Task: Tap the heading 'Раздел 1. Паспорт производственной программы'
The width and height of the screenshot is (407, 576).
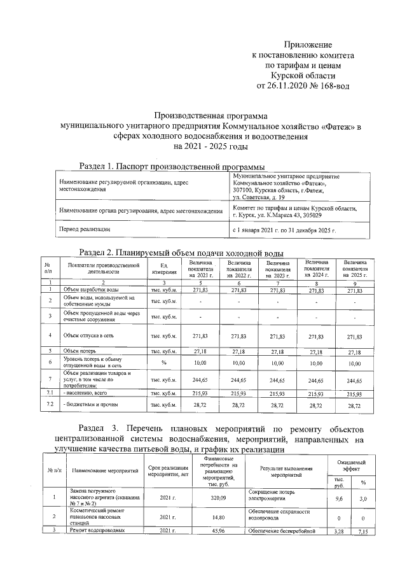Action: pyautogui.click(x=172, y=166)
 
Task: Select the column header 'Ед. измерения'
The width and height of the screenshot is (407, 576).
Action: pyautogui.click(x=163, y=286)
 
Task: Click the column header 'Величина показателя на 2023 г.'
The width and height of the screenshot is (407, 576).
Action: pyautogui.click(x=278, y=286)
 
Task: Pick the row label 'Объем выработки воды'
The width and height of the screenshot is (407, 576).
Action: pyautogui.click(x=91, y=308)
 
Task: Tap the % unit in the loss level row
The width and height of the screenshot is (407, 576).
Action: pyautogui.click(x=163, y=362)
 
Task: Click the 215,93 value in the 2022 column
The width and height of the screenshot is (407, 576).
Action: pyautogui.click(x=238, y=395)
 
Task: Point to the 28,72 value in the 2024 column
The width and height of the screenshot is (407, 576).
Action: pyautogui.click(x=317, y=405)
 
